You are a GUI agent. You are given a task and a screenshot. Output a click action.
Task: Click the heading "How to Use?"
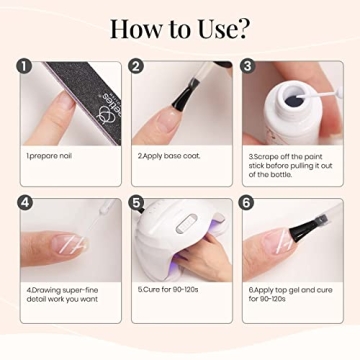coord(180,27)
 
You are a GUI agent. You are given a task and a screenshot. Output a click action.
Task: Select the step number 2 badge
coord(138,69)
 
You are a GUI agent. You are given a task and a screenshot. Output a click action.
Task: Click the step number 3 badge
coord(249,69)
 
